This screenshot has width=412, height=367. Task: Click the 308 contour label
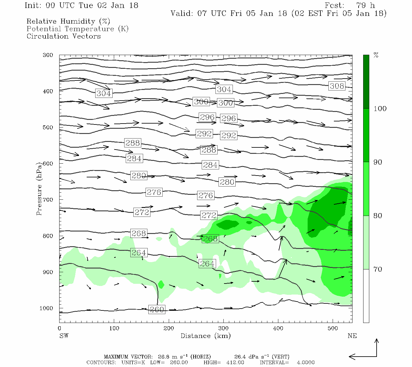pos(337,86)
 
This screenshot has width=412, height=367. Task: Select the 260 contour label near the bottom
pos(157,310)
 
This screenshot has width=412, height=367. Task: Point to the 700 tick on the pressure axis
pos(48,200)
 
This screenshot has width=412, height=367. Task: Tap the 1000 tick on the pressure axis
pos(46,308)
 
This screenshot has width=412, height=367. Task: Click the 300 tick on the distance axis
pos(223,328)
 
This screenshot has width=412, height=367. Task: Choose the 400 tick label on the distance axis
pos(278,328)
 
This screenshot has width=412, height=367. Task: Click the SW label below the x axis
pos(64,336)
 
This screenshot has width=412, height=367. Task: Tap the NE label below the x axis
pos(352,336)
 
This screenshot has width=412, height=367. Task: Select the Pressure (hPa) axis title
pos(39,189)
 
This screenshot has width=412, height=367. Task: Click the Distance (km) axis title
pos(205,336)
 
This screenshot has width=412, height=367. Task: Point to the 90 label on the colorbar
pos(378,162)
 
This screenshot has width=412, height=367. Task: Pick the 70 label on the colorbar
pos(378,269)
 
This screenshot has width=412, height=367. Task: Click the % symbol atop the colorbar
pos(376,55)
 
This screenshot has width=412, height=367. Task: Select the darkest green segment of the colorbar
pos(366,81)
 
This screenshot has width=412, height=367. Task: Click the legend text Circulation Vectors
pos(63,36)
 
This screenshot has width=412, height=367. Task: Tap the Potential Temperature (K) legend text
pos(78,29)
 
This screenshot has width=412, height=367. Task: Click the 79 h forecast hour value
pos(365,6)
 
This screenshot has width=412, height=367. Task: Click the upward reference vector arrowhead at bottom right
pos(377,340)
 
